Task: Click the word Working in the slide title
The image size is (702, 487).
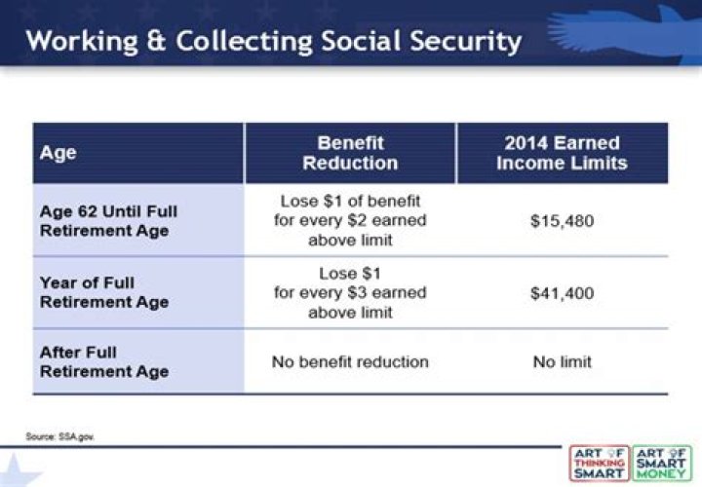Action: (x=79, y=42)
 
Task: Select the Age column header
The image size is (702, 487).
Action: (x=58, y=153)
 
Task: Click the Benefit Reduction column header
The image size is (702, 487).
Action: (x=350, y=153)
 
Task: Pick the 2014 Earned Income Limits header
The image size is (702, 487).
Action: (x=562, y=153)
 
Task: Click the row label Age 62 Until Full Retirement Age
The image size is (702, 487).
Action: (x=108, y=221)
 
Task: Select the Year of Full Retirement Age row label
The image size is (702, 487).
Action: (x=103, y=292)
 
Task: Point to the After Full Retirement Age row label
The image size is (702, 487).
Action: (x=103, y=361)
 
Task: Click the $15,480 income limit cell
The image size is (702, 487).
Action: (x=562, y=221)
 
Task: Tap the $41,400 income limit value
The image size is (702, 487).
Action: (x=562, y=292)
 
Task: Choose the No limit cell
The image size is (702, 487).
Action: (x=562, y=361)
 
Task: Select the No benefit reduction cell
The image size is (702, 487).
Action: (x=350, y=361)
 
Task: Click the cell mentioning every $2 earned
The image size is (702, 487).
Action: (x=350, y=221)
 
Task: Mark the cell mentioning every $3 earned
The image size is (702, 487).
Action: (x=350, y=292)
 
